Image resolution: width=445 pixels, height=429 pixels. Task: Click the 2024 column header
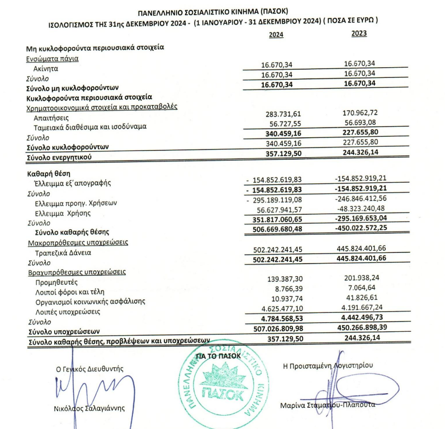pyautogui.click(x=276, y=35)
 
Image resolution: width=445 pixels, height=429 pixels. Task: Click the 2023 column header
pyautogui.click(x=359, y=34)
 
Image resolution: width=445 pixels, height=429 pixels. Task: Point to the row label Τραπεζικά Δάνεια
pyautogui.click(x=63, y=253)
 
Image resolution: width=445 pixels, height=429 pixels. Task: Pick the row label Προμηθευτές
pyautogui.click(x=57, y=282)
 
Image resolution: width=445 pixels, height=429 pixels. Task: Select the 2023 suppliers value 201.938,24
pyautogui.click(x=359, y=279)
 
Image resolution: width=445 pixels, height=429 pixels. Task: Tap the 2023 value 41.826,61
pyautogui.click(x=360, y=298)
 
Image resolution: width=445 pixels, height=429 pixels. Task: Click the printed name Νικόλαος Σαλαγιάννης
pyautogui.click(x=89, y=408)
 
